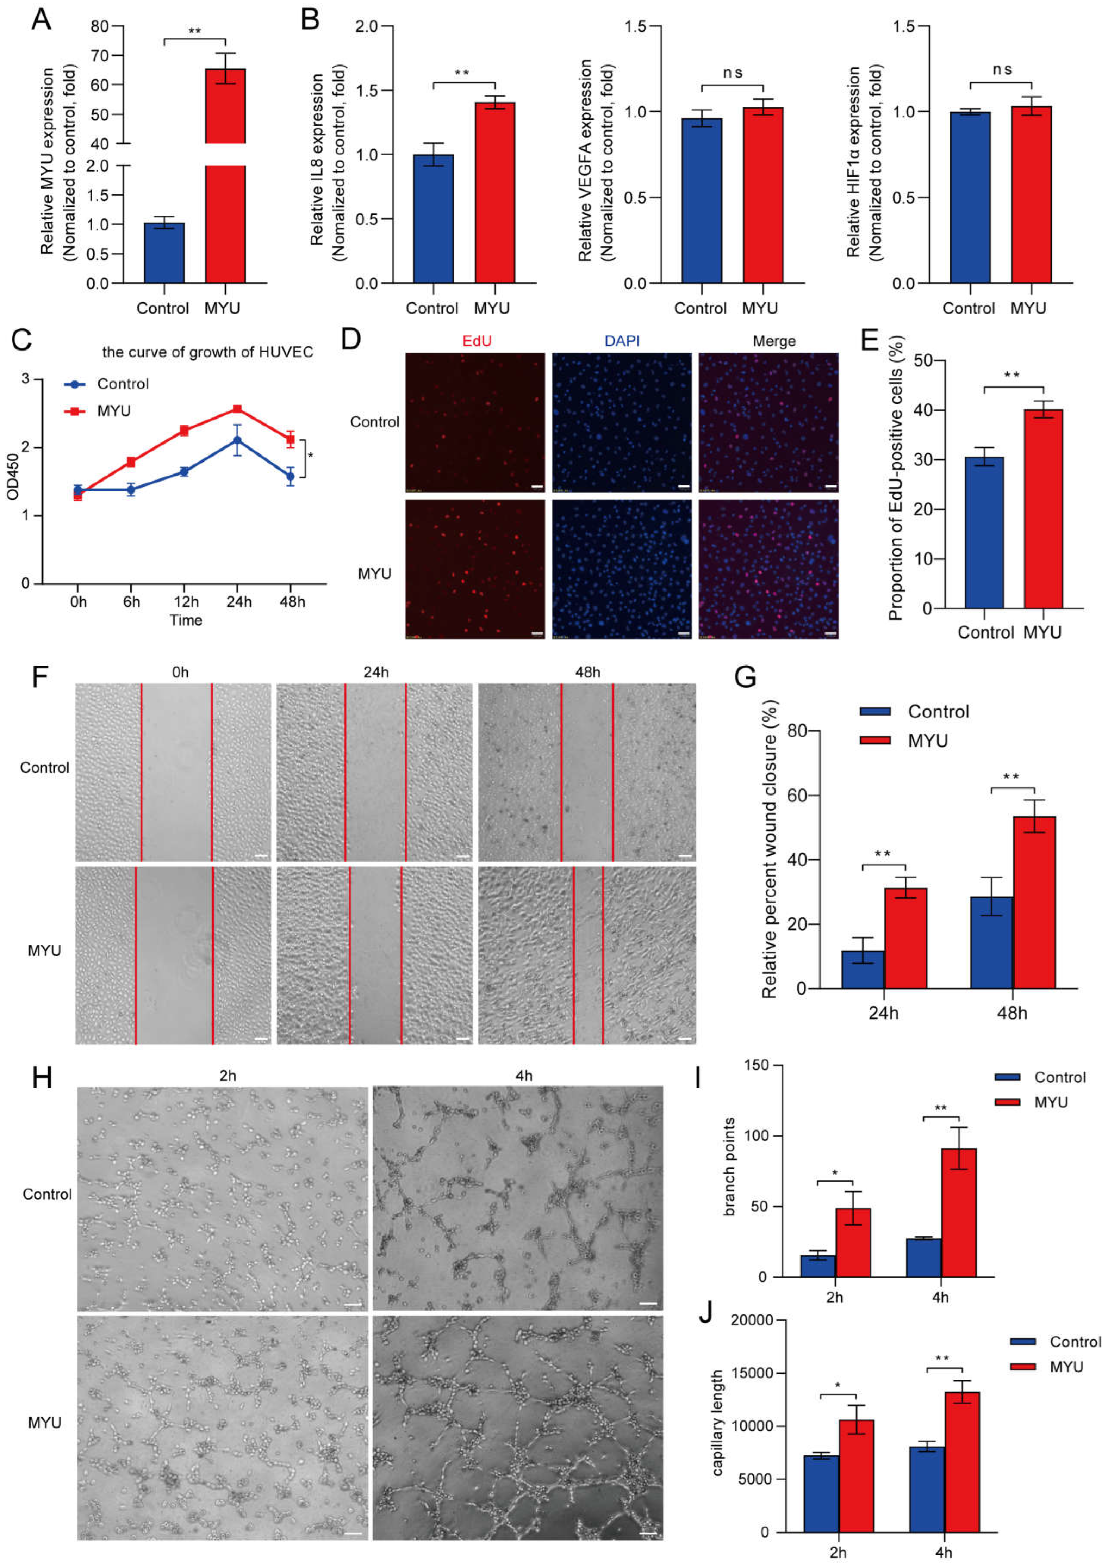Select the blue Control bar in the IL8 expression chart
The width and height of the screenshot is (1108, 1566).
pos(433,218)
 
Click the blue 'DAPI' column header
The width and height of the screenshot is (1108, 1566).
pos(622,340)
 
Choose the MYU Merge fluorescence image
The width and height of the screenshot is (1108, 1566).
pos(768,569)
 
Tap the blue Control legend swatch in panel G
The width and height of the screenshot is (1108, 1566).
pos(875,712)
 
